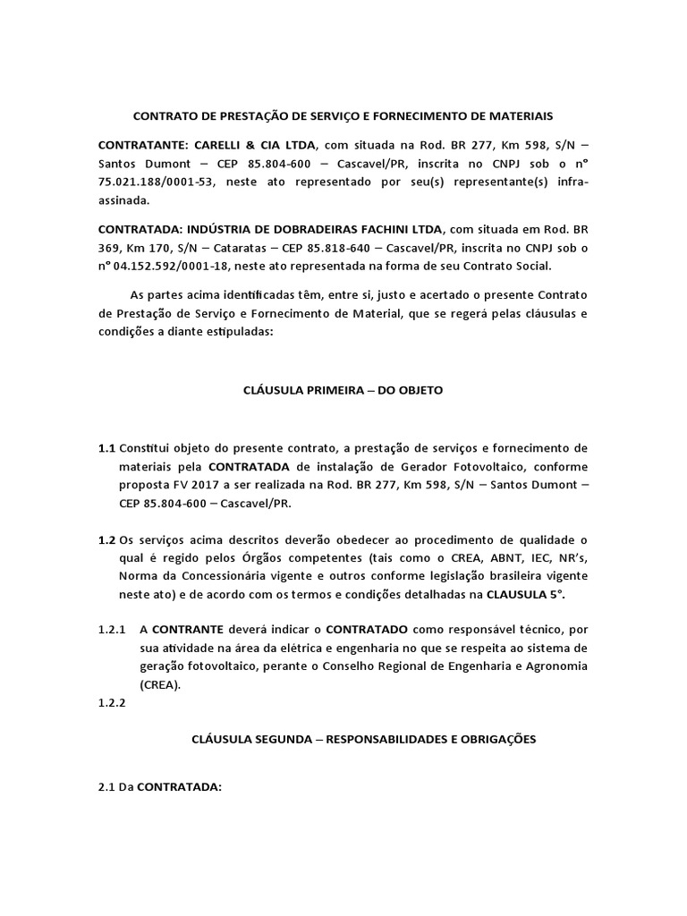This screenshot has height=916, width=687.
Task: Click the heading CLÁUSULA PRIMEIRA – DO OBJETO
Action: coord(343,390)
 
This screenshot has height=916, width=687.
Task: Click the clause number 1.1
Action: coord(107,447)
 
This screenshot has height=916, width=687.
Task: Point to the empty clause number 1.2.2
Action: coord(113,702)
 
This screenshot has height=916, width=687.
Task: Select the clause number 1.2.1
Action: coord(113,628)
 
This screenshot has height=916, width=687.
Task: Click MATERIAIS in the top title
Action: coord(519,116)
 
